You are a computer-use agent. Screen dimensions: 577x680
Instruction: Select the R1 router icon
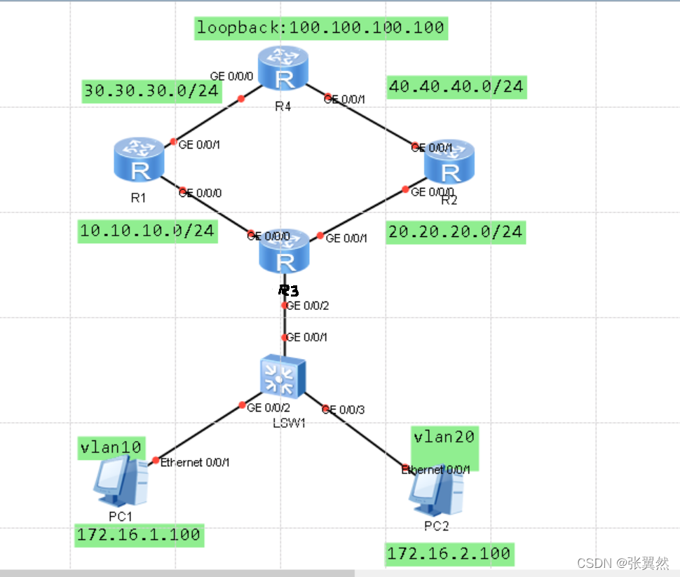click(x=139, y=162)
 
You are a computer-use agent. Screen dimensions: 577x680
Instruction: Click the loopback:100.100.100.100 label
click(x=320, y=28)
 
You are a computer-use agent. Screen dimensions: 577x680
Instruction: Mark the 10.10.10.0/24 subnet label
click(x=147, y=231)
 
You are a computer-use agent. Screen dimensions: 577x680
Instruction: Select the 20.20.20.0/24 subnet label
click(x=455, y=231)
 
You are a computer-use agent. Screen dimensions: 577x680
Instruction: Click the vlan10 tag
click(x=111, y=447)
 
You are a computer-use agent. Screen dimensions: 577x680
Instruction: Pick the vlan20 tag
click(x=444, y=437)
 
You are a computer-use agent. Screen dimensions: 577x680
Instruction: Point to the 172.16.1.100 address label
click(x=139, y=535)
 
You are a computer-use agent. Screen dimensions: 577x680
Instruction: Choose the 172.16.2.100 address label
click(x=449, y=554)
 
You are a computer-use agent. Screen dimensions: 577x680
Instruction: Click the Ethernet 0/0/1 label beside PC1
click(x=195, y=462)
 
